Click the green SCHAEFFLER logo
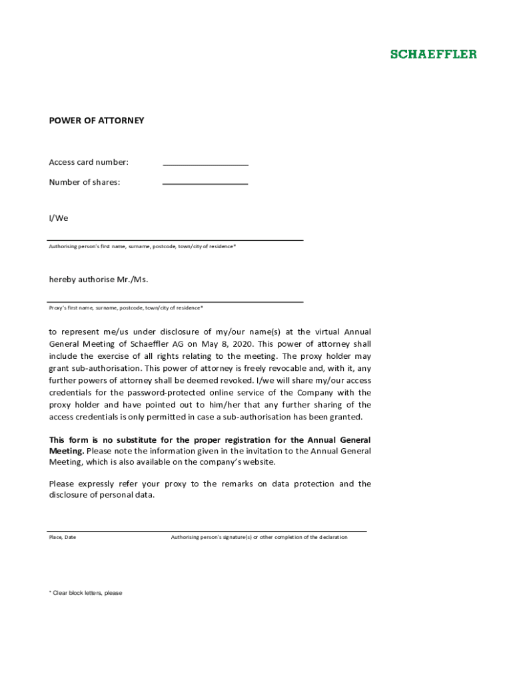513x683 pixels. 433,54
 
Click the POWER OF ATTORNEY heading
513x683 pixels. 96,121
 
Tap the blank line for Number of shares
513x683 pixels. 205,183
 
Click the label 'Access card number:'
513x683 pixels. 89,162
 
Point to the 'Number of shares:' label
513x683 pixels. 85,182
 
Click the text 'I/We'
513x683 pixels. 59,218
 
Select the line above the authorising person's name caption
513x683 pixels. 175,239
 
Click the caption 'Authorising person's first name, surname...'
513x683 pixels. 142,247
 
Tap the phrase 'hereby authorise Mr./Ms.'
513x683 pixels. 99,279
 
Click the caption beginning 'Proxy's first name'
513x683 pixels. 126,308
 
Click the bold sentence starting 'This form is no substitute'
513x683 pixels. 210,440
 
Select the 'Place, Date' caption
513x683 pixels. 63,538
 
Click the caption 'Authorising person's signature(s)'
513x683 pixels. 258,538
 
